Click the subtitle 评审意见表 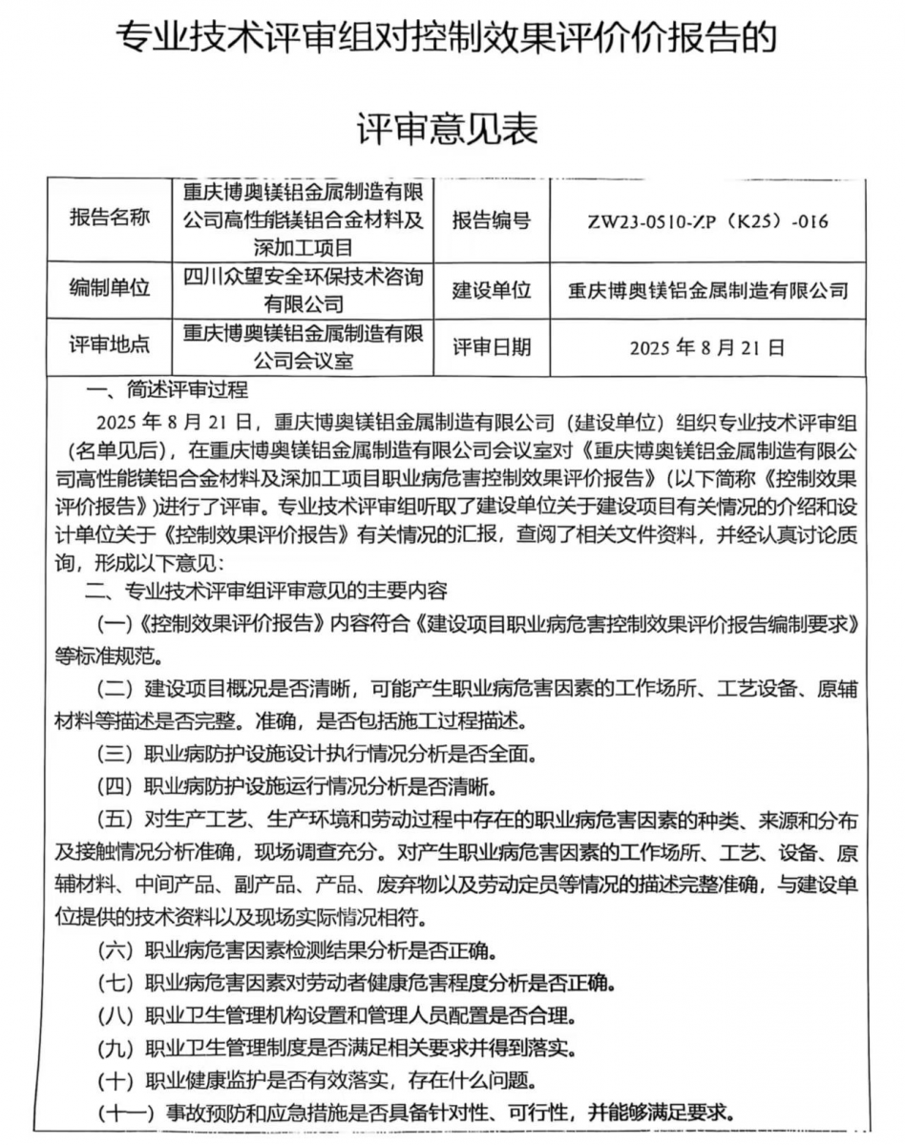click(448, 128)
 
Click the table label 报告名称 click(110, 219)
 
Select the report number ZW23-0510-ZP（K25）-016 click(707, 222)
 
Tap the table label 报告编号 click(491, 221)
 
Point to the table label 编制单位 click(110, 287)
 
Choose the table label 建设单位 click(491, 289)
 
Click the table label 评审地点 click(110, 345)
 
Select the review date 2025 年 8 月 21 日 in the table click(707, 348)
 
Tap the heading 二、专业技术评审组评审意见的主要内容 click(266, 592)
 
